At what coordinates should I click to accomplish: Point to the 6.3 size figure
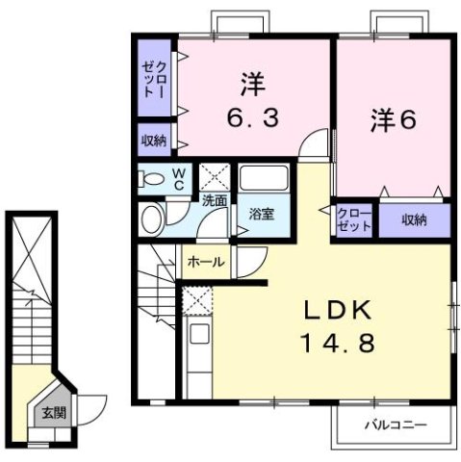click(251, 118)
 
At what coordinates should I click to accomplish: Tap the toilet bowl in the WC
click(150, 178)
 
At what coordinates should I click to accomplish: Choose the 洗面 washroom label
click(215, 200)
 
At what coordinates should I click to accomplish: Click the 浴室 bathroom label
click(260, 214)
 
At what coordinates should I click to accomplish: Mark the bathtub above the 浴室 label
click(264, 180)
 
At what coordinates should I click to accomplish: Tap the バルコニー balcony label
click(395, 423)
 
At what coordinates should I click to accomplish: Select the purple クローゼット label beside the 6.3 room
click(153, 76)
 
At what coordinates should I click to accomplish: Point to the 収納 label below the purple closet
click(153, 139)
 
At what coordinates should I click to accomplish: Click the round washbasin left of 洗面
click(151, 218)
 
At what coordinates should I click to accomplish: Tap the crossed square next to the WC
click(213, 178)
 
